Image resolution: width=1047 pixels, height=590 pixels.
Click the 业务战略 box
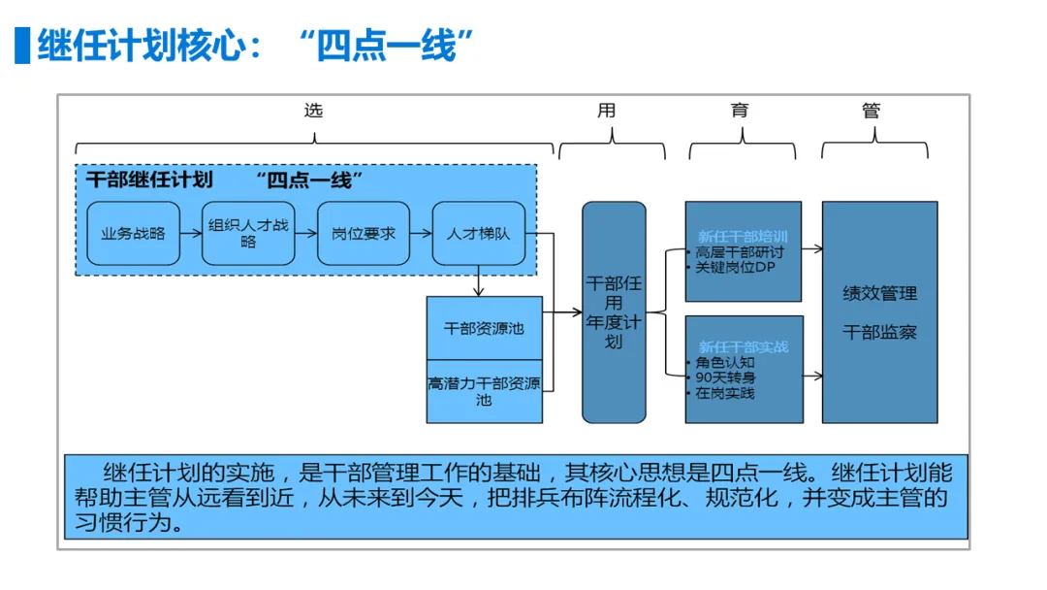pyautogui.click(x=134, y=234)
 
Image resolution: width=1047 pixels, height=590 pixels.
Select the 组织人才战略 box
pyautogui.click(x=248, y=234)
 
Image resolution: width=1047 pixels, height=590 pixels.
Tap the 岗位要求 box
pyautogui.click(x=364, y=234)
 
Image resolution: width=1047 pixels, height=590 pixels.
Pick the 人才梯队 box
pyautogui.click(x=479, y=234)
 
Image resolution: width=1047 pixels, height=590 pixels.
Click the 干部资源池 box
pyautogui.click(x=484, y=329)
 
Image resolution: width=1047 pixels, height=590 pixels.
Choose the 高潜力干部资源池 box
pyautogui.click(x=484, y=391)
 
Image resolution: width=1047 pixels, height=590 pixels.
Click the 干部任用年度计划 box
pyautogui.click(x=614, y=311)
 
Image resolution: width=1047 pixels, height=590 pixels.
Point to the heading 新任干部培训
pyautogui.click(x=743, y=237)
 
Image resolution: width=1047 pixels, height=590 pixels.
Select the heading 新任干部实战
pyautogui.click(x=743, y=346)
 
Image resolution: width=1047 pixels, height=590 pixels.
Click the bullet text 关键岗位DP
pyautogui.click(x=734, y=268)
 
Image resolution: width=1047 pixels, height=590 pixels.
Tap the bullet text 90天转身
pyautogui.click(x=726, y=377)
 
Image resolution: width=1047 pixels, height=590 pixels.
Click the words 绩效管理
pyautogui.click(x=879, y=293)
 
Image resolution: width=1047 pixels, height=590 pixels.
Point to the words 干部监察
pyautogui.click(x=879, y=332)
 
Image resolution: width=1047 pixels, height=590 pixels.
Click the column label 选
pyautogui.click(x=313, y=111)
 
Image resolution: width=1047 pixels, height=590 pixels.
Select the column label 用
pyautogui.click(x=607, y=111)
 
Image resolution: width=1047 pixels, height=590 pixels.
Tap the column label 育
pyautogui.click(x=740, y=111)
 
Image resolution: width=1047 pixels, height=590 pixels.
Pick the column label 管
pyautogui.click(x=872, y=111)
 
